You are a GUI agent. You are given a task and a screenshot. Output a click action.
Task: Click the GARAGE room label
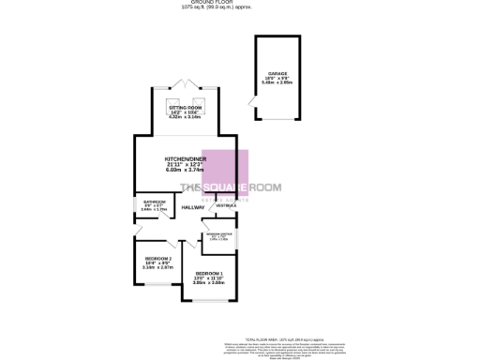pos(276,72)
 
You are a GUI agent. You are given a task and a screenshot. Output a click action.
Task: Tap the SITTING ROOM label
pos(185,109)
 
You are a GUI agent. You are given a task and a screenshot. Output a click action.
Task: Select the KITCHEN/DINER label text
pos(185,159)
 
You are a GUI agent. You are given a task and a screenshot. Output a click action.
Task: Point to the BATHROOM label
pos(155,201)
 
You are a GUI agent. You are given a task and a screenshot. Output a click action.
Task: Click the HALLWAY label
pos(193,207)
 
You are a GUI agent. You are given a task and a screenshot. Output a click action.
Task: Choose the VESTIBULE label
pos(226,205)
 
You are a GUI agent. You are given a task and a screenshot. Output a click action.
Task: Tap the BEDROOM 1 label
pos(209,272)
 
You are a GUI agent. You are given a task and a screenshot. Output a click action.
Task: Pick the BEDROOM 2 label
pos(157,258)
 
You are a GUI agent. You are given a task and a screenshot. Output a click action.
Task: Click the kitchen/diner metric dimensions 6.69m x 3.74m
pos(185,171)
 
